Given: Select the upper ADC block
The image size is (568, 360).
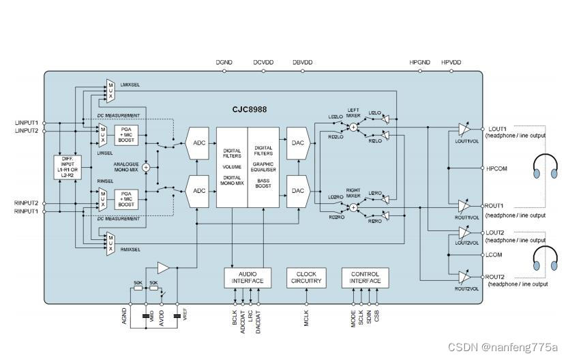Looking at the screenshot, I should (x=198, y=144).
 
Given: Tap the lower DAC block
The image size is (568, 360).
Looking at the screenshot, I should (x=297, y=191).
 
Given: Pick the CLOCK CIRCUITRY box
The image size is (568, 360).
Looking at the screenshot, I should (x=306, y=277).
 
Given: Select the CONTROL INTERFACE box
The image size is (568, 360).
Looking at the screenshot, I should (x=365, y=277).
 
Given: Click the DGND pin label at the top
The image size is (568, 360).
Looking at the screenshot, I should (x=224, y=63).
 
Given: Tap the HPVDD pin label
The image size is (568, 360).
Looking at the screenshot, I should (x=451, y=63).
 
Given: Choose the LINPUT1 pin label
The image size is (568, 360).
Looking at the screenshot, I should (x=27, y=123).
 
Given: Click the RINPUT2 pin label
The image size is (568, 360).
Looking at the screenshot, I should (x=27, y=203).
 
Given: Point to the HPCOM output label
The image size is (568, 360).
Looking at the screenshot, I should (x=497, y=168).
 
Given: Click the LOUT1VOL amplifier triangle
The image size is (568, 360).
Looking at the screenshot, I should (x=464, y=129).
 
